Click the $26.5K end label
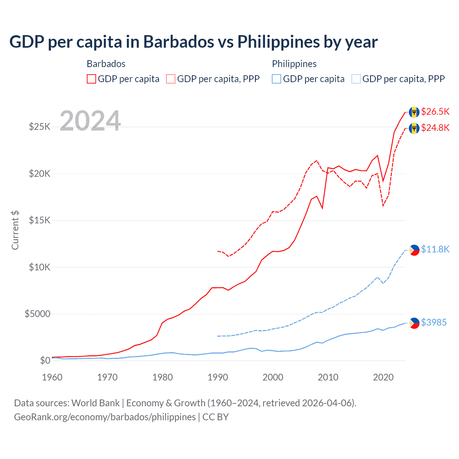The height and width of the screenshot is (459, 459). (x=435, y=112)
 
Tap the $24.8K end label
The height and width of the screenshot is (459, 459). (x=435, y=128)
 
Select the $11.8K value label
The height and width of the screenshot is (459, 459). (x=435, y=249)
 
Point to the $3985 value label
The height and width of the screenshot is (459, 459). (x=434, y=322)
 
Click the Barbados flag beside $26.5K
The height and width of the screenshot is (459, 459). (x=414, y=112)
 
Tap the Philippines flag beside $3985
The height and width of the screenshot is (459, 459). (x=414, y=323)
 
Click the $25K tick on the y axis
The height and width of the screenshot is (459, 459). (x=39, y=127)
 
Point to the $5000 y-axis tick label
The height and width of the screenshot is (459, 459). (x=37, y=314)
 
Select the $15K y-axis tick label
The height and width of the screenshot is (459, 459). (x=39, y=220)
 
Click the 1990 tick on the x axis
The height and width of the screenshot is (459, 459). (x=218, y=377)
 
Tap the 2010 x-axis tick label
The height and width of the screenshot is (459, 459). (x=328, y=377)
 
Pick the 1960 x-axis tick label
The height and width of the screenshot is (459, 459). (x=52, y=377)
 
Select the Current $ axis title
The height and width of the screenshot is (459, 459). (x=15, y=230)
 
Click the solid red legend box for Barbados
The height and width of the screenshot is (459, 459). (x=91, y=79)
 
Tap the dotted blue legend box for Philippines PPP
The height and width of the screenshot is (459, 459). (x=356, y=79)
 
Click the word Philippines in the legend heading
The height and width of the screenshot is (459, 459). (x=294, y=64)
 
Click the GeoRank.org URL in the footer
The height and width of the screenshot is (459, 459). (x=105, y=417)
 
